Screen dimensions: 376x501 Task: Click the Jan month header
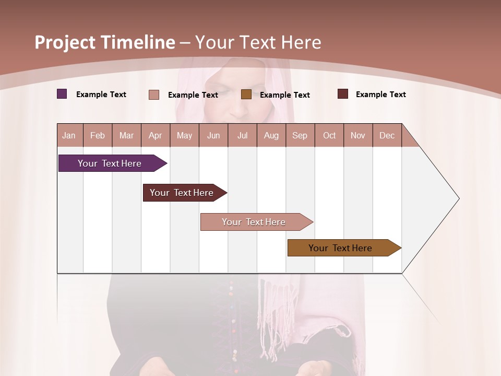pos(69,136)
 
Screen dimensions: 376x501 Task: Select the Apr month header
pos(155,136)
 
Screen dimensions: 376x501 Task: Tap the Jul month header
pos(242,136)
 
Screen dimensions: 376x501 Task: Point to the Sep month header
pos(300,136)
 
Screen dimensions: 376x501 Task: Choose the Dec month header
pos(387,136)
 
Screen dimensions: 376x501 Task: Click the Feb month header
pos(98,136)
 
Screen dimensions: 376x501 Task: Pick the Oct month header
pos(329,136)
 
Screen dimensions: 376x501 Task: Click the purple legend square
pos(62,94)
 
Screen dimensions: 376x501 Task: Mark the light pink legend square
pos(154,95)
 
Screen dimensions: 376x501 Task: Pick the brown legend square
pos(246,94)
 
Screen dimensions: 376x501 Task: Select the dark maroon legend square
pos(343,94)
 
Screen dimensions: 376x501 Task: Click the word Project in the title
pos(65,42)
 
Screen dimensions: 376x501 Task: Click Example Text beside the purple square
pos(101,95)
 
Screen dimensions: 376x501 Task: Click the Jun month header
pos(213,136)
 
